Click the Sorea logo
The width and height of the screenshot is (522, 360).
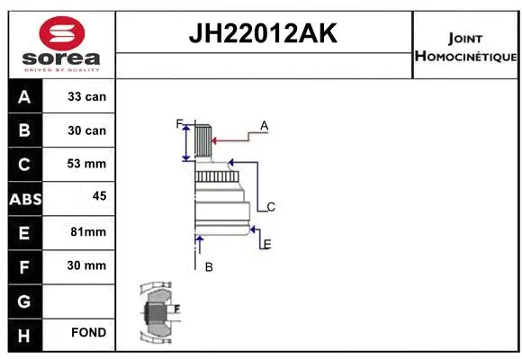coord(60,44)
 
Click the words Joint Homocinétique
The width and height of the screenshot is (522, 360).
coord(465,48)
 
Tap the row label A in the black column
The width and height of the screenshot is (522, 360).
coord(24,96)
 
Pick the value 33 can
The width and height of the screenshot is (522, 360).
coord(86,96)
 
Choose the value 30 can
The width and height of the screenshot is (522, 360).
coord(86,130)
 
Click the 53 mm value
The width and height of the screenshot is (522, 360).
coord(86,164)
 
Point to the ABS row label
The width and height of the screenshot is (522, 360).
coord(24,198)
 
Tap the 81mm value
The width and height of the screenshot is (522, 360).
coord(87,231)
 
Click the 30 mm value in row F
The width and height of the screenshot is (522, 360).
coord(86,265)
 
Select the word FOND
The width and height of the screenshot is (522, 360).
coord(88,333)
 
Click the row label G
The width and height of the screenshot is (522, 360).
coord(24,300)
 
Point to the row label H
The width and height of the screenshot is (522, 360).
coord(24,334)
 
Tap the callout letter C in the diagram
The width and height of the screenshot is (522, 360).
coord(270,207)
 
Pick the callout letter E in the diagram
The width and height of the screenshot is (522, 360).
coord(267,244)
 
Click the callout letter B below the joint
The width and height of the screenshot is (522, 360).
coord(208,267)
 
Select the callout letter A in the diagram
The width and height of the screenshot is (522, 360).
coord(264,126)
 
